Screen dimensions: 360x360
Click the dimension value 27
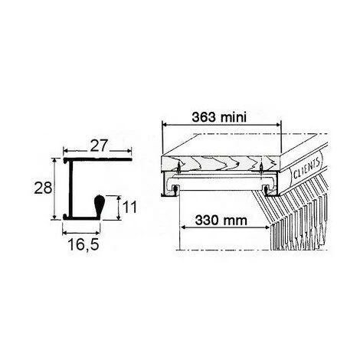click(x=98, y=146)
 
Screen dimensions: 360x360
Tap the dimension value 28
click(x=43, y=188)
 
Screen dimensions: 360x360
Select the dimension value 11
click(x=129, y=207)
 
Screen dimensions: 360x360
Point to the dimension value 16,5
click(x=83, y=244)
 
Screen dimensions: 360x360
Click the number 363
click(x=205, y=117)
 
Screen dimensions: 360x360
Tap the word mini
click(x=234, y=117)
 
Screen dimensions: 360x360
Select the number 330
click(x=208, y=220)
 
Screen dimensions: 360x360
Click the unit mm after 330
click(x=236, y=221)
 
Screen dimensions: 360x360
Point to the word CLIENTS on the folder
click(x=306, y=169)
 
